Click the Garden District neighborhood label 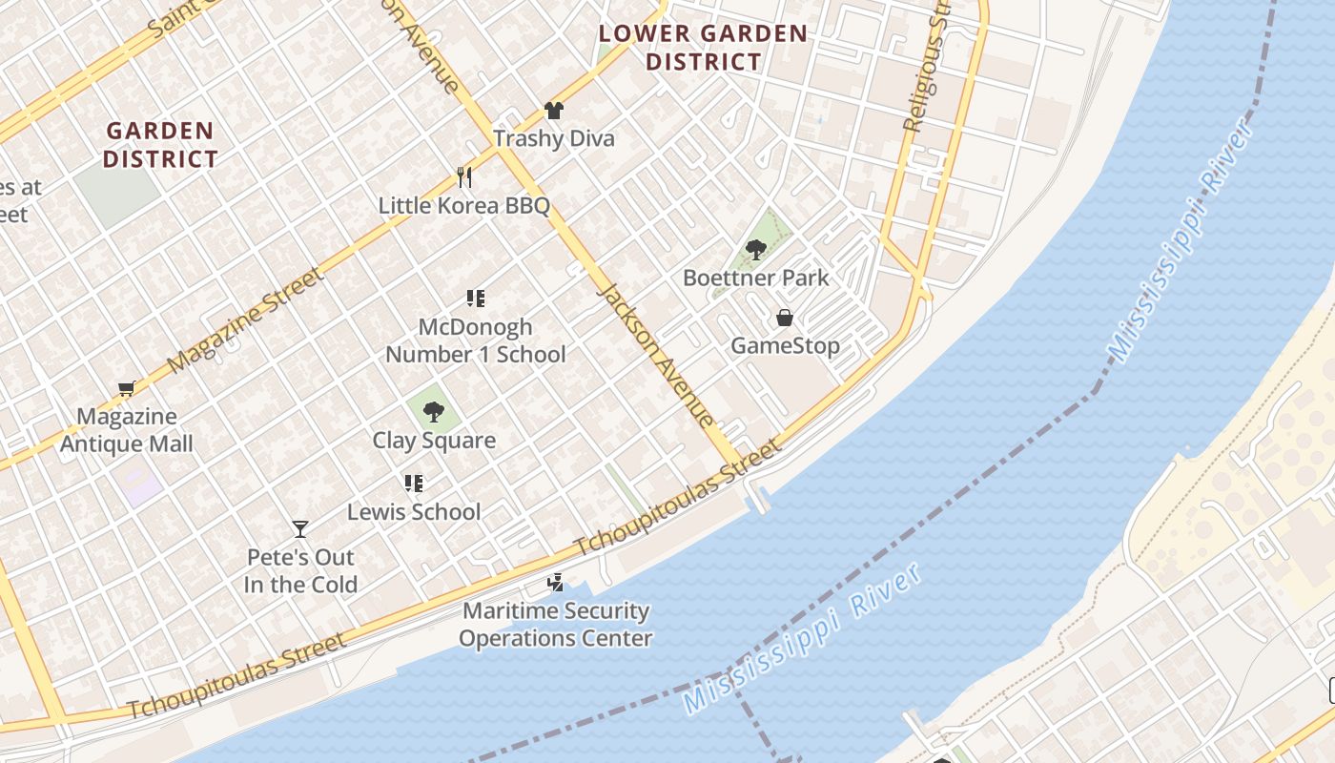click(x=160, y=144)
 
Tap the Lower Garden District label click(x=703, y=48)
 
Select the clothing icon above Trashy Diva click(x=554, y=111)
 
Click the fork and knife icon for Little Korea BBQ click(x=464, y=176)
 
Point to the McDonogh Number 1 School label click(x=475, y=340)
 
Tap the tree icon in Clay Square click(x=434, y=412)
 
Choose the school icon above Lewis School click(x=413, y=484)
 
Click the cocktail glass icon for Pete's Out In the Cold click(x=300, y=528)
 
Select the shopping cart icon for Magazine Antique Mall click(x=126, y=388)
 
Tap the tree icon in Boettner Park click(x=756, y=250)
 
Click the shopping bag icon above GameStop click(x=785, y=318)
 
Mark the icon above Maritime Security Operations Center click(x=555, y=582)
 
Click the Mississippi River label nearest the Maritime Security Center click(x=803, y=639)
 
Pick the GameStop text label click(x=785, y=345)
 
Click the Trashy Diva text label click(x=554, y=138)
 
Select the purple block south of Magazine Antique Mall click(x=140, y=485)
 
